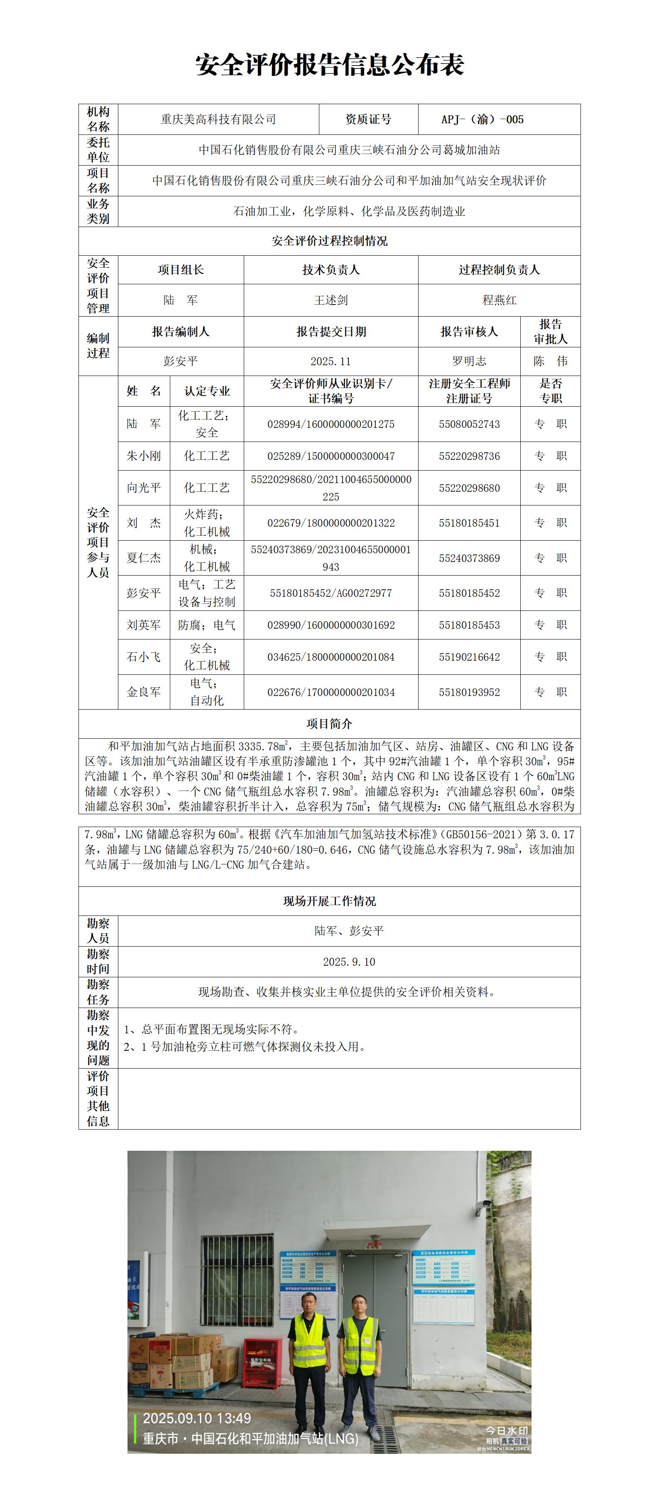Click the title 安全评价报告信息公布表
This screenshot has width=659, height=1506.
[329, 65]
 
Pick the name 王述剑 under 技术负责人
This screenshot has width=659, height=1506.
[331, 300]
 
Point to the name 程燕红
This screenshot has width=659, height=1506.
[499, 300]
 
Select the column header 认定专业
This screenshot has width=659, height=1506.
[207, 391]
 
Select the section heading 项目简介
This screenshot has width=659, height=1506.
[329, 724]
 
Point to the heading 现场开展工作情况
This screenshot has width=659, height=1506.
[329, 901]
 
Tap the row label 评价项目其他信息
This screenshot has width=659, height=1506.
[98, 1098]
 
